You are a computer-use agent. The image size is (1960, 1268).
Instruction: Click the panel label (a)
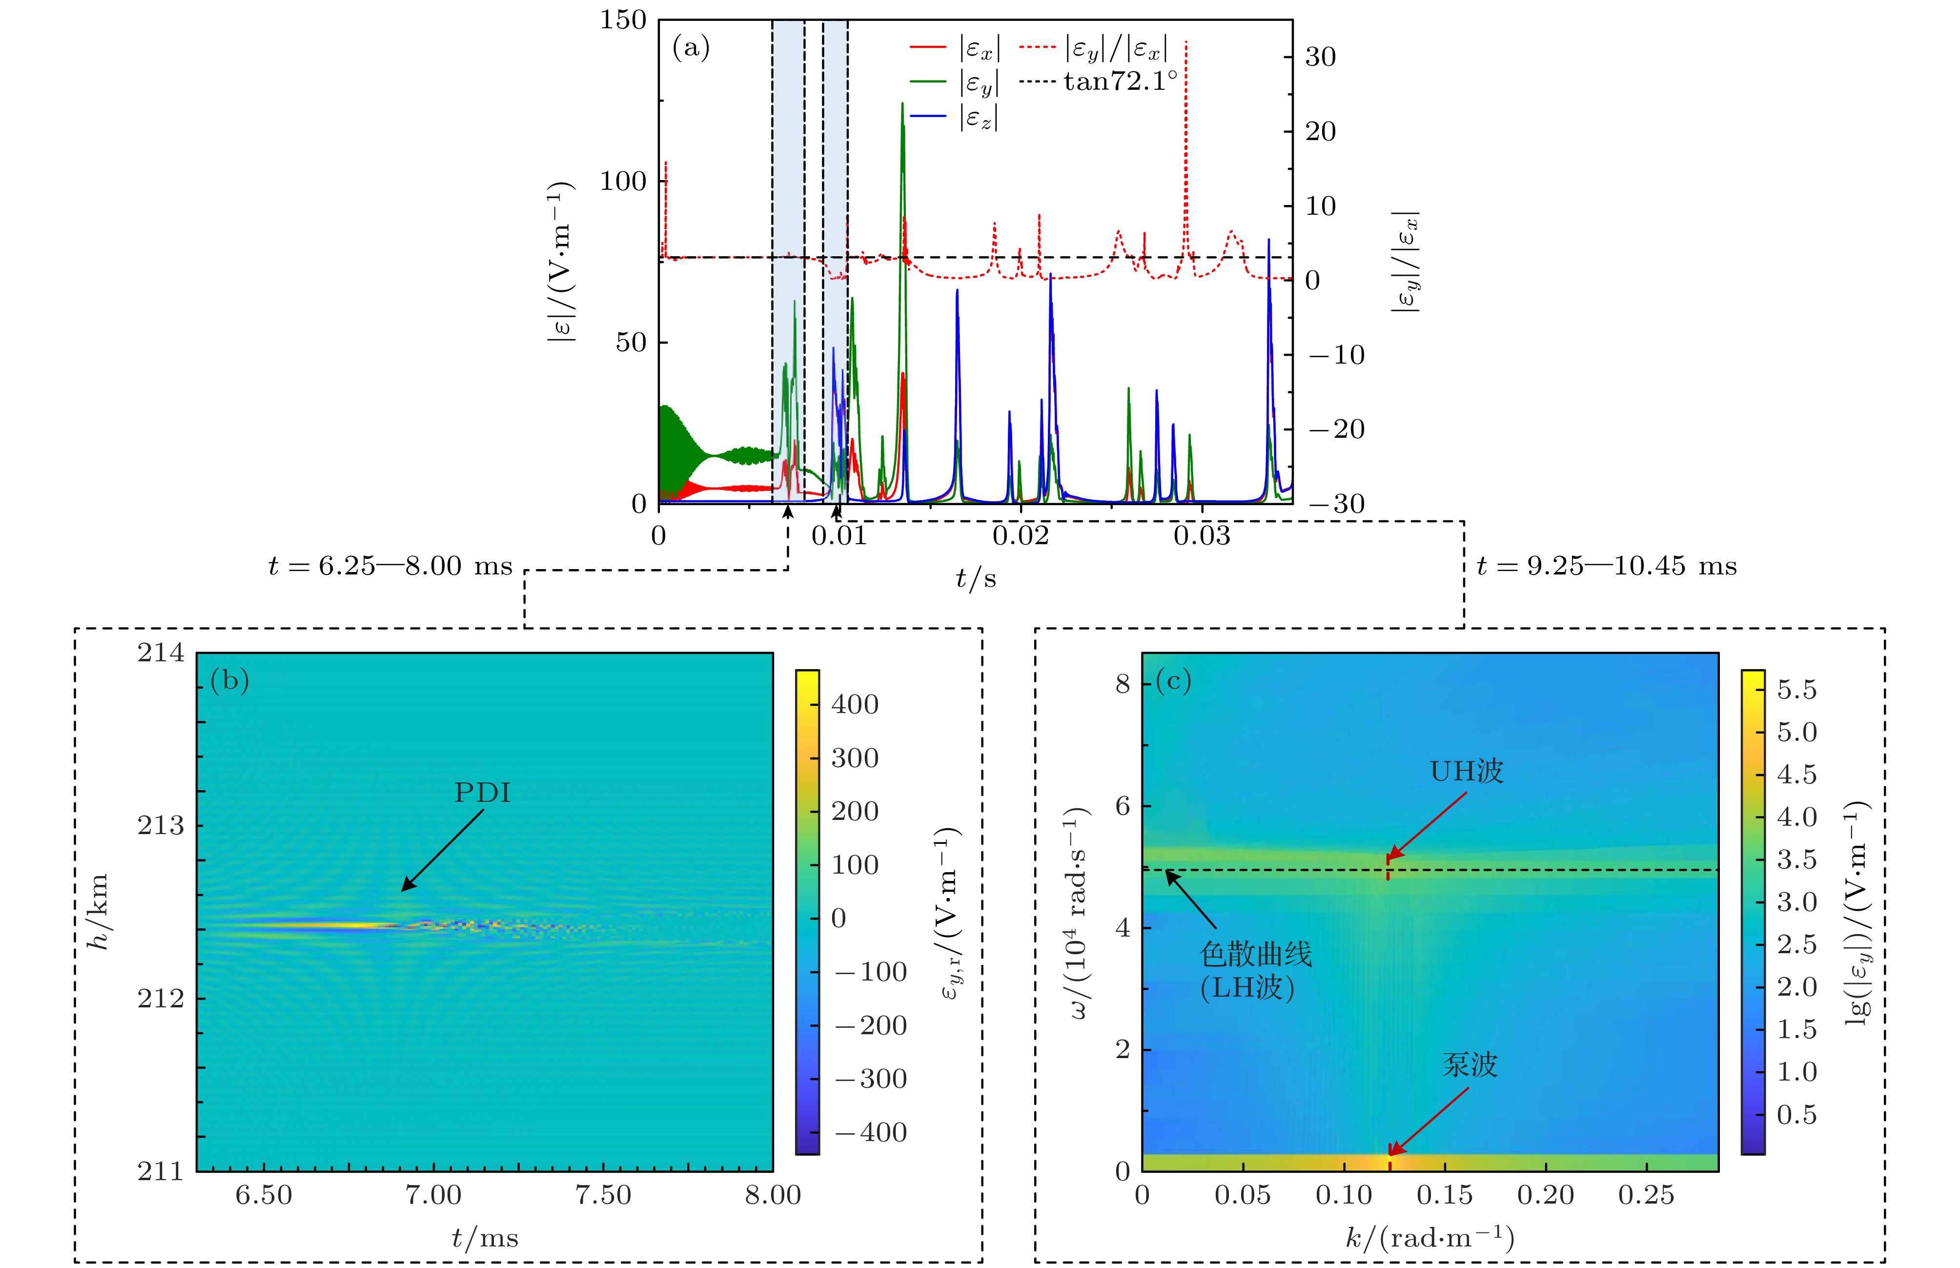pos(691,48)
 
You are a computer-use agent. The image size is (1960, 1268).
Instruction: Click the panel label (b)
pos(230,680)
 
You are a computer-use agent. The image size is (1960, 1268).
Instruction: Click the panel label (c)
pos(1173,680)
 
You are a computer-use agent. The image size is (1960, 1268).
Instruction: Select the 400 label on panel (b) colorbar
pos(855,704)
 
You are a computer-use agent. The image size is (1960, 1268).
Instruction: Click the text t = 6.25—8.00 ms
pos(390,567)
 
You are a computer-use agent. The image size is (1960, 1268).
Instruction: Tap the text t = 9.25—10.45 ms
pos(1606,567)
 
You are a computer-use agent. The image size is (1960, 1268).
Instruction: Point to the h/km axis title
pos(99,912)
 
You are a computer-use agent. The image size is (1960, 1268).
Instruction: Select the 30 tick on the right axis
pos(1320,58)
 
